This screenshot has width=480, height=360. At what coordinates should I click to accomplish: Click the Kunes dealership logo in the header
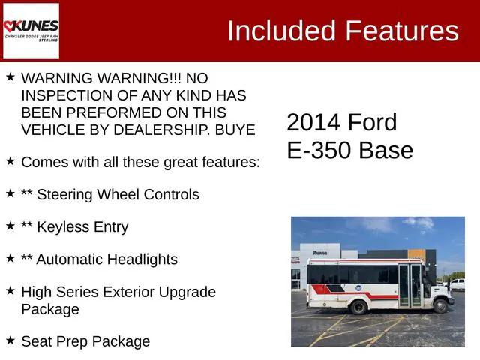click(31, 31)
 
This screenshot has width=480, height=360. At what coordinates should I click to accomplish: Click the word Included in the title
click(281, 31)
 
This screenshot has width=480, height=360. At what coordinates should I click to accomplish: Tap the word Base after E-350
click(385, 150)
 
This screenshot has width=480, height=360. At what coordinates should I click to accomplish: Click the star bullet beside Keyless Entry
click(10, 225)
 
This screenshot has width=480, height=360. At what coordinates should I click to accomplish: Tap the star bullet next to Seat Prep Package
click(10, 340)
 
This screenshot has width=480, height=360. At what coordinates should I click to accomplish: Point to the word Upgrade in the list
click(187, 292)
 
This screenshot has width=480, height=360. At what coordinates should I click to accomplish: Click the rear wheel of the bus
click(358, 307)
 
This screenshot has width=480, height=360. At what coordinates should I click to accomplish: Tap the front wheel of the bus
click(442, 306)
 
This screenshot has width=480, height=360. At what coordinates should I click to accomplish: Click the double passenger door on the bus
click(410, 285)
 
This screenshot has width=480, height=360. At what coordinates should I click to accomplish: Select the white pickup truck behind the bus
click(457, 284)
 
